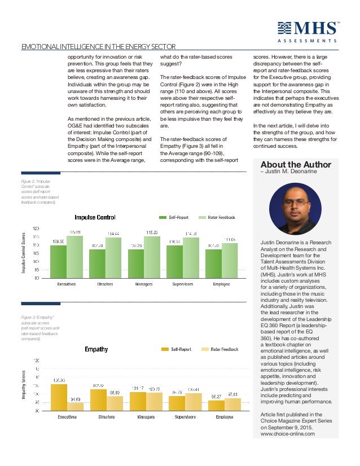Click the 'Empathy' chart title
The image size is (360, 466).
tap(96, 349)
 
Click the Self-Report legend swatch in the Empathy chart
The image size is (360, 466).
tap(165, 350)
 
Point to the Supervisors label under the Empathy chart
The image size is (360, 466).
tap(184, 418)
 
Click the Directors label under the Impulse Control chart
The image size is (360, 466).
tap(107, 284)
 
